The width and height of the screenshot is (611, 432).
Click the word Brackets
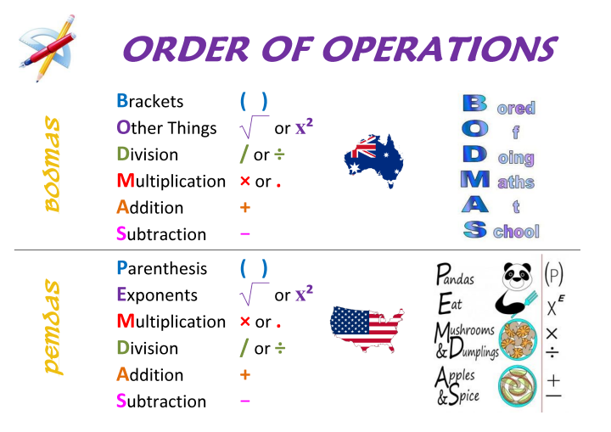click(150, 101)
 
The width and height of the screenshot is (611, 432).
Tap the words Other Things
click(166, 128)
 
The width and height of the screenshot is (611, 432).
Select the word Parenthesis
click(162, 268)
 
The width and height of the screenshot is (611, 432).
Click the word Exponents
click(157, 295)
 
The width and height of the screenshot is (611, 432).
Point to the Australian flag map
click(373, 160)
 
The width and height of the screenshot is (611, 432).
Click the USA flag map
click(367, 328)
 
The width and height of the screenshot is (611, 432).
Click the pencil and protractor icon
click(48, 48)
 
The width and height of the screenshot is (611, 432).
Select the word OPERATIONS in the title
click(440, 49)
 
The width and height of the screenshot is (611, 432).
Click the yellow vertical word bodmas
click(53, 164)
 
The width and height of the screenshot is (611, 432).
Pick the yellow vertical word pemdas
click(53, 327)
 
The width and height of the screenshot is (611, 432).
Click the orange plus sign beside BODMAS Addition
click(245, 207)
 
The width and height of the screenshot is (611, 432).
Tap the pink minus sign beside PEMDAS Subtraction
click(245, 401)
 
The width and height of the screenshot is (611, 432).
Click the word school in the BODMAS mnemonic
click(516, 232)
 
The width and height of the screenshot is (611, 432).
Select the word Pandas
click(455, 274)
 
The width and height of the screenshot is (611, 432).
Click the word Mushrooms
click(465, 331)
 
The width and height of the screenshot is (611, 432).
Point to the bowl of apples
click(518, 386)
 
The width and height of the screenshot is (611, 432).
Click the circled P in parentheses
click(553, 274)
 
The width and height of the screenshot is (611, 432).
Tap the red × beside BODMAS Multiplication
click(245, 181)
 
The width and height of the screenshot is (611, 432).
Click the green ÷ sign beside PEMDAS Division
click(280, 348)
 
